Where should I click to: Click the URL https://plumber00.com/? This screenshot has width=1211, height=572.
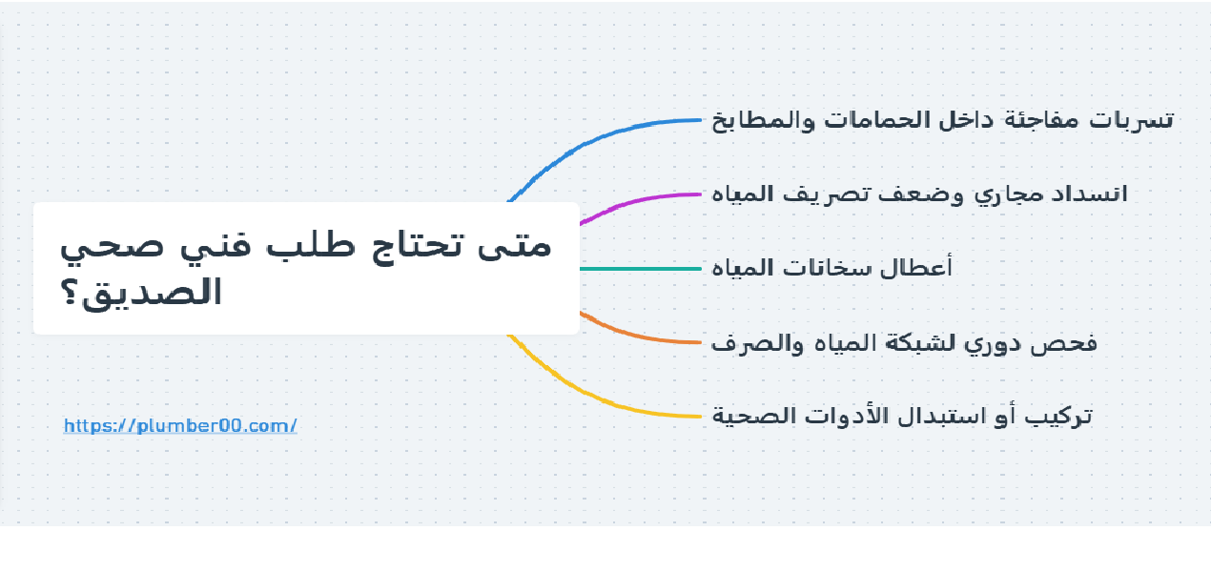(180, 425)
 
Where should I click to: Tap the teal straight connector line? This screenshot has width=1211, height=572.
(639, 269)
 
